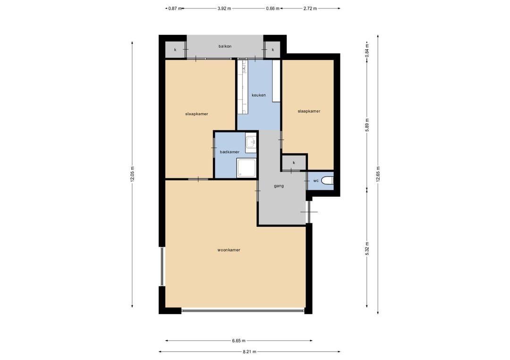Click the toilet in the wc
click(x=328, y=181)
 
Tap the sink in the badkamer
click(x=251, y=142)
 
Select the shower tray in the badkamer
click(x=246, y=168)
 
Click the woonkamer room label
click(x=229, y=250)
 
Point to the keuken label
click(x=259, y=95)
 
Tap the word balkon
click(x=225, y=46)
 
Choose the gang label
click(x=279, y=186)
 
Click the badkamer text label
click(x=229, y=152)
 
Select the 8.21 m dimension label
click(x=249, y=352)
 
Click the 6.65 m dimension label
click(x=239, y=341)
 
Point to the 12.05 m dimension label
click(x=132, y=174)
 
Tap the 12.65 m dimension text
click(x=378, y=174)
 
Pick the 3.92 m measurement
click(x=224, y=8)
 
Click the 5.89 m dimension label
click(x=367, y=125)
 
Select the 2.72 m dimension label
click(x=310, y=8)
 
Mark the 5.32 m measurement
click(x=367, y=249)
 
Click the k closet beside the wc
click(x=294, y=162)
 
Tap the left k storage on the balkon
click(x=175, y=50)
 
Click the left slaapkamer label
click(x=196, y=114)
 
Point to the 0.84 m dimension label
click(x=367, y=51)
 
